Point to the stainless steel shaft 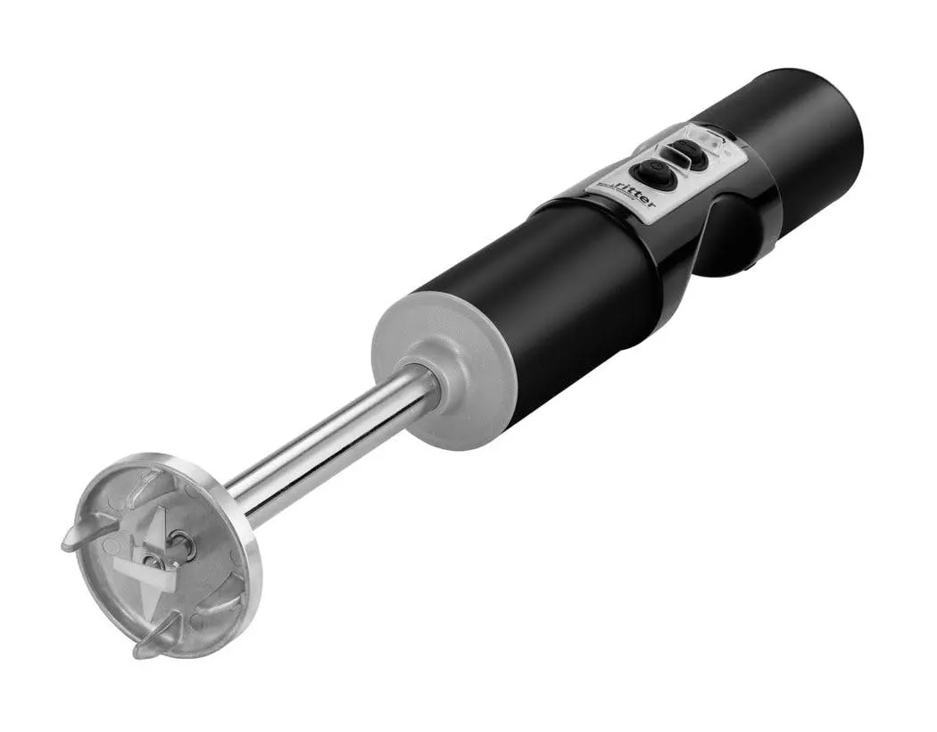coord(330,443)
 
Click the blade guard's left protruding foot coord(77,539)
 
